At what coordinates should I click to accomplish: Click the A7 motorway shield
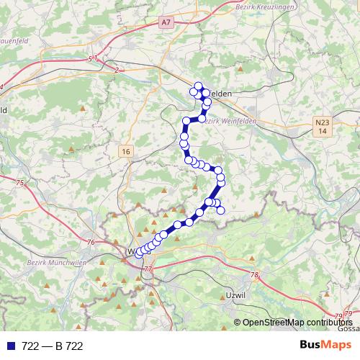pyautogui.click(x=167, y=23)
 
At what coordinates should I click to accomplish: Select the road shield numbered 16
pyautogui.click(x=127, y=150)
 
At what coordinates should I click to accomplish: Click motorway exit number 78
pyautogui.click(x=254, y=275)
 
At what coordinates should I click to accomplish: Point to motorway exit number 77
pyautogui.click(x=148, y=269)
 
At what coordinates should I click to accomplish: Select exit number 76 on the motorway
pyautogui.click(x=90, y=242)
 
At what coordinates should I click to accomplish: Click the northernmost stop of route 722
pyautogui.click(x=199, y=86)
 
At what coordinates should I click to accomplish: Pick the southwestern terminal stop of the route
pyautogui.click(x=139, y=253)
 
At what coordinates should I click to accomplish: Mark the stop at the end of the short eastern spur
pyautogui.click(x=221, y=210)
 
